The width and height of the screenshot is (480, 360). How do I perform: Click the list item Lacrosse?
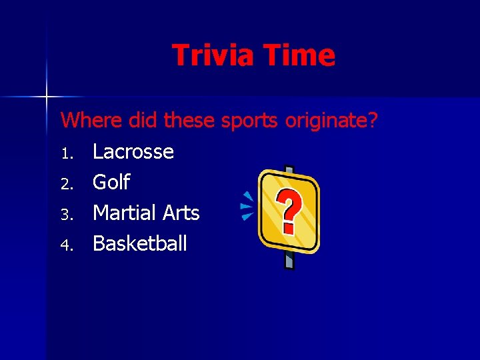point(133,152)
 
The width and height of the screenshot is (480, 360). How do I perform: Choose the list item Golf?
point(111,182)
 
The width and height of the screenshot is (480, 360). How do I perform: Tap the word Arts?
point(179,213)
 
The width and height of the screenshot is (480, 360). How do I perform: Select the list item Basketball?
point(139,243)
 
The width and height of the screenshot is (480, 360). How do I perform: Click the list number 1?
point(66,153)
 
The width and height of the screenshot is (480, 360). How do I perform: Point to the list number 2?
point(66,183)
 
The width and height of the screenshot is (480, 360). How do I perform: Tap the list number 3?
point(66,214)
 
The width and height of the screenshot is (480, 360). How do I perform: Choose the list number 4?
point(66,245)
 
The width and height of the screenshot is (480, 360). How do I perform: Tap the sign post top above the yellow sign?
point(288,169)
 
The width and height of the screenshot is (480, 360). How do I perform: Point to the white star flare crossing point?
point(47,97)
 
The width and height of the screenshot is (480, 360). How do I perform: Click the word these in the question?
point(189,121)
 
